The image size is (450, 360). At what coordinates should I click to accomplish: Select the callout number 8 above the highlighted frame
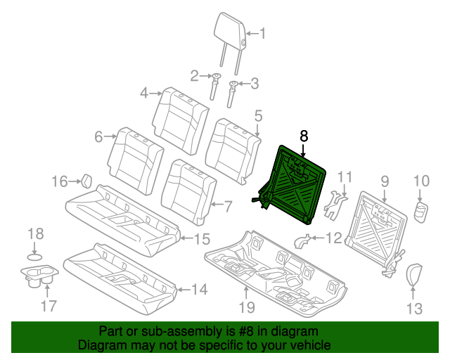tap(304, 136)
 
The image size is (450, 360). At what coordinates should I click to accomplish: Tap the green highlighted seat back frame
tap(295, 185)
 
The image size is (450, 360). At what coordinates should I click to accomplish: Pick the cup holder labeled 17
tap(37, 276)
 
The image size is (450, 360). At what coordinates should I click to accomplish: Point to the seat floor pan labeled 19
tap(274, 267)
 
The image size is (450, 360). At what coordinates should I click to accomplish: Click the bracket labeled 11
tap(337, 200)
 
